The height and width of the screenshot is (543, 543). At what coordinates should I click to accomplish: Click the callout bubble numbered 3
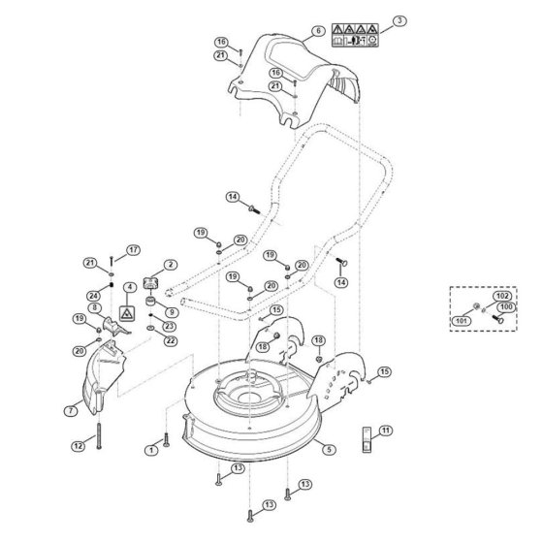click(399, 20)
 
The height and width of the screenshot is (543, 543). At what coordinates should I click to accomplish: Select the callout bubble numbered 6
click(318, 31)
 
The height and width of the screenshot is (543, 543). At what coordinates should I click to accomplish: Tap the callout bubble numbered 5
click(329, 450)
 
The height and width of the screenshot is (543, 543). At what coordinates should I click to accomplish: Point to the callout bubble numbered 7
click(71, 411)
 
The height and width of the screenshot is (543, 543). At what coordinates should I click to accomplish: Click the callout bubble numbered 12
click(79, 446)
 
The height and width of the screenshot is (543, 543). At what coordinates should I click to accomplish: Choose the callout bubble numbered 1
click(151, 450)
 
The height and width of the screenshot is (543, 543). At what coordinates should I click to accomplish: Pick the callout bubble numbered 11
click(386, 431)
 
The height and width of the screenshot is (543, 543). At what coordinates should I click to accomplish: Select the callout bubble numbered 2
click(171, 265)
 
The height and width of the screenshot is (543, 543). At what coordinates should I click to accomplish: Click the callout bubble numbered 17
click(134, 250)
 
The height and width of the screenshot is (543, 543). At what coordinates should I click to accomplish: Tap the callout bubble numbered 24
click(93, 296)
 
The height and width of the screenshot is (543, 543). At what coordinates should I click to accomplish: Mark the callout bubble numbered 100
click(506, 307)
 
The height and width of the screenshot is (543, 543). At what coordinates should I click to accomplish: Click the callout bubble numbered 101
click(462, 321)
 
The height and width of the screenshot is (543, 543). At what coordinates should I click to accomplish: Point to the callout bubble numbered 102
click(502, 296)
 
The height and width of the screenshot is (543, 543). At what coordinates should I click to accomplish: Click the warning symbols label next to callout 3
click(355, 35)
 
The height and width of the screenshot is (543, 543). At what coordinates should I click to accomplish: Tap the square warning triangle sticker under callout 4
click(127, 313)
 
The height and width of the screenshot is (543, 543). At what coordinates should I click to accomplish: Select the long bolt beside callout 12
click(99, 435)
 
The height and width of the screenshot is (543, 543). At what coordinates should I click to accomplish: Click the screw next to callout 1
click(166, 439)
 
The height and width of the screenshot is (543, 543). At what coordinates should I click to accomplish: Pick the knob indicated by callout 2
click(150, 282)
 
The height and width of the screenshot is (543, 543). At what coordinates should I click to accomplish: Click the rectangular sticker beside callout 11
click(367, 439)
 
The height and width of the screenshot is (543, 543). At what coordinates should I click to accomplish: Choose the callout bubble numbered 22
click(171, 340)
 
